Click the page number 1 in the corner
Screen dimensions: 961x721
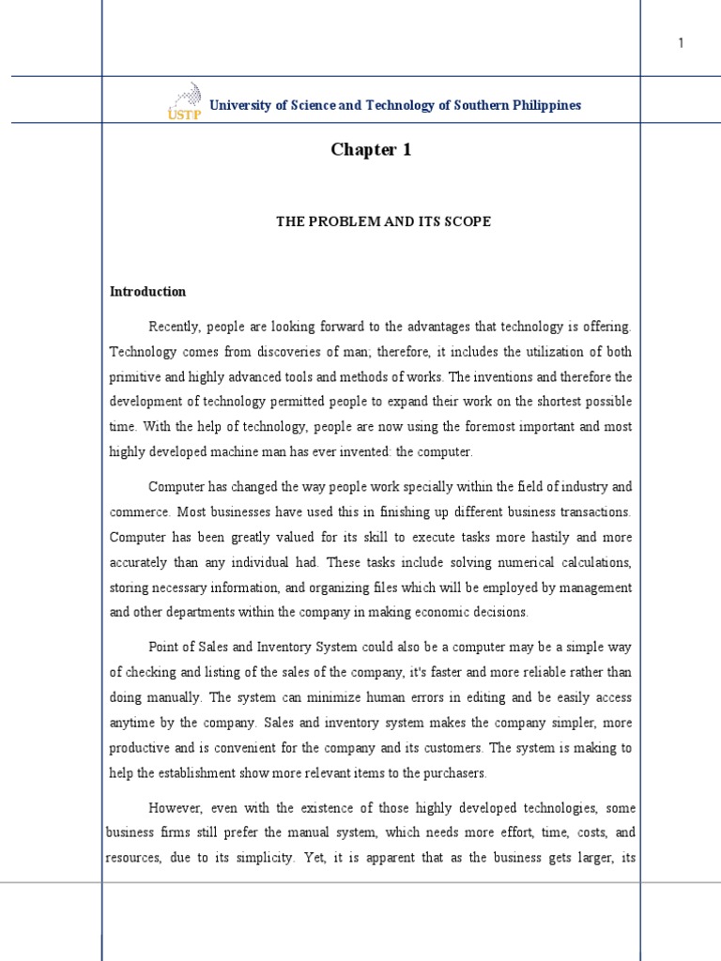(681, 44)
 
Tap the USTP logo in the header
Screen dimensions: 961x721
(182, 101)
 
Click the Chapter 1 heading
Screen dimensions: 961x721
(371, 150)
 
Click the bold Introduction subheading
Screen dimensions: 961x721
(148, 292)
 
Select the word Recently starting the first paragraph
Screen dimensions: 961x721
(176, 327)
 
